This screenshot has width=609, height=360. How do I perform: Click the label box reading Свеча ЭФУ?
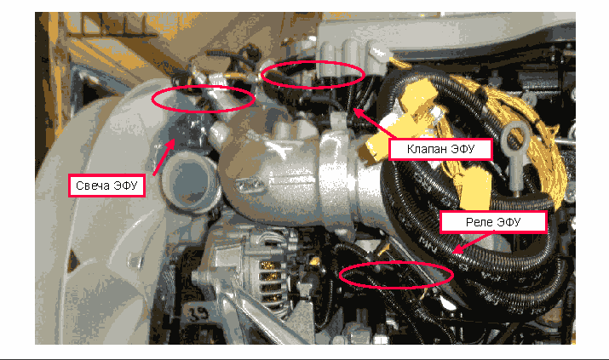106,186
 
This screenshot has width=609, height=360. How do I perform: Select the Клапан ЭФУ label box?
441,149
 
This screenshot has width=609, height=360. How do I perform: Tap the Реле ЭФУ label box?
493,222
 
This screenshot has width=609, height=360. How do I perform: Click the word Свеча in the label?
93,186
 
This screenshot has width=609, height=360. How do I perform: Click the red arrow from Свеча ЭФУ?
164,157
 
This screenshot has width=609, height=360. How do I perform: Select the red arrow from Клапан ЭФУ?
373,123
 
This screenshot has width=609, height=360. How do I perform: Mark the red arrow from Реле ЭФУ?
473,243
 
